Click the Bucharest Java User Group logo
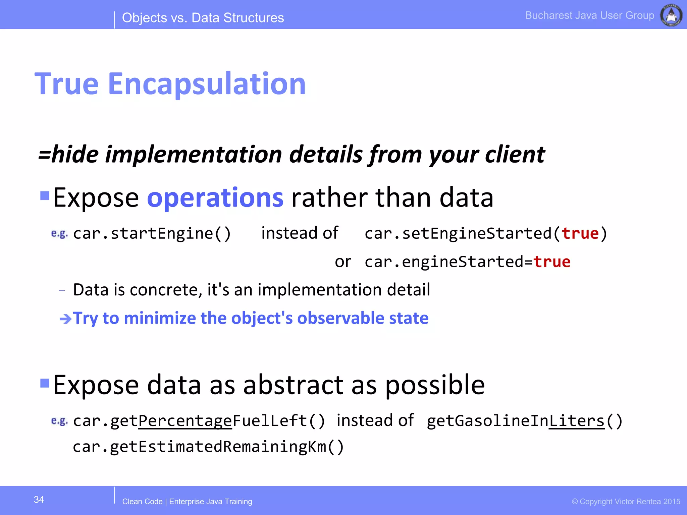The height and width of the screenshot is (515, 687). [671, 15]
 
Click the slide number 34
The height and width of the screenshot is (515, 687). [39, 500]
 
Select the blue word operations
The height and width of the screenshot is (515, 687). [215, 198]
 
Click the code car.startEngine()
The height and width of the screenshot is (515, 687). [152, 233]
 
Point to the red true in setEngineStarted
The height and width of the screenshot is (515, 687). [580, 233]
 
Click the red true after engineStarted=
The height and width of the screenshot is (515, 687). [552, 262]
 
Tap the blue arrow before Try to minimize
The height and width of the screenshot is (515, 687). [65, 319]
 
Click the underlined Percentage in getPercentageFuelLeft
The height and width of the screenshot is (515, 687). [185, 421]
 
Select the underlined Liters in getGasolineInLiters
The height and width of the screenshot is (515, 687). [577, 421]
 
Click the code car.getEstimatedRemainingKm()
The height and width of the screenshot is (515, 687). [208, 447]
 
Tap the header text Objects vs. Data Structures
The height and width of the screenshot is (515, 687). [203, 18]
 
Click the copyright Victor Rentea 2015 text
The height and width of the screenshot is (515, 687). [626, 502]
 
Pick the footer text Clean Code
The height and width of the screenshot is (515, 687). [142, 502]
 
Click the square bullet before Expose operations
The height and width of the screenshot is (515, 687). [45, 195]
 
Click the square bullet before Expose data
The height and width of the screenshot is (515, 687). [45, 383]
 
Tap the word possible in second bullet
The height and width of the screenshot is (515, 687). [435, 386]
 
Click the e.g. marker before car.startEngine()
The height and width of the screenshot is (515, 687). [59, 234]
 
